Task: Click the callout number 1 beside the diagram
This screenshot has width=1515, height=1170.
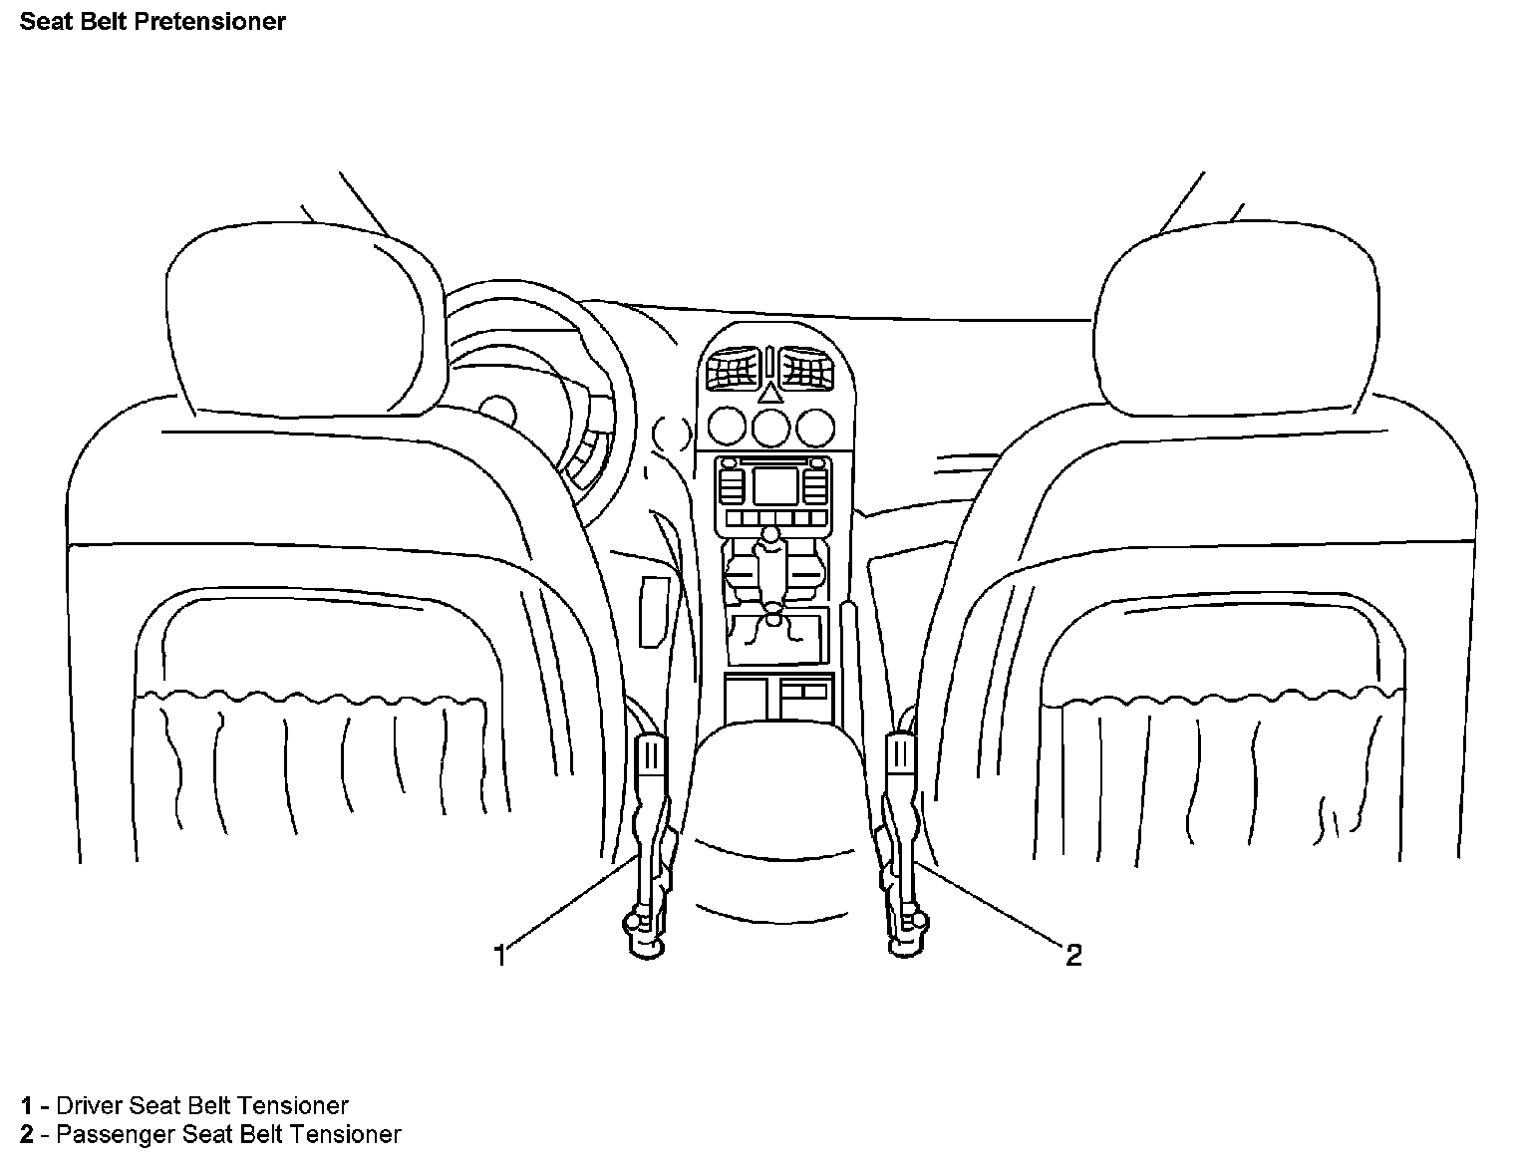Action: tap(500, 956)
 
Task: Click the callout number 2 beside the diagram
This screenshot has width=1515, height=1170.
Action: tap(1073, 956)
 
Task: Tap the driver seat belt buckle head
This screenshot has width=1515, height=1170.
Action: tap(650, 754)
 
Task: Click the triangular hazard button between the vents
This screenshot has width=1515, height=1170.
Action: tap(769, 392)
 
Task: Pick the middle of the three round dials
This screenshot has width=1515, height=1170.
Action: tap(770, 428)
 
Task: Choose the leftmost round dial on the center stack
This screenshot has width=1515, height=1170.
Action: tap(726, 428)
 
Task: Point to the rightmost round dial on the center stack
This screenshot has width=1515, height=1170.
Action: tap(815, 428)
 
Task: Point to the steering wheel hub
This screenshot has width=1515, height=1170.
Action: tap(495, 412)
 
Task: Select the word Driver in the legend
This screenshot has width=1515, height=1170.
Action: tap(87, 1105)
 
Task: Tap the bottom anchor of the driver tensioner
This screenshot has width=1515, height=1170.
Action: tap(646, 942)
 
